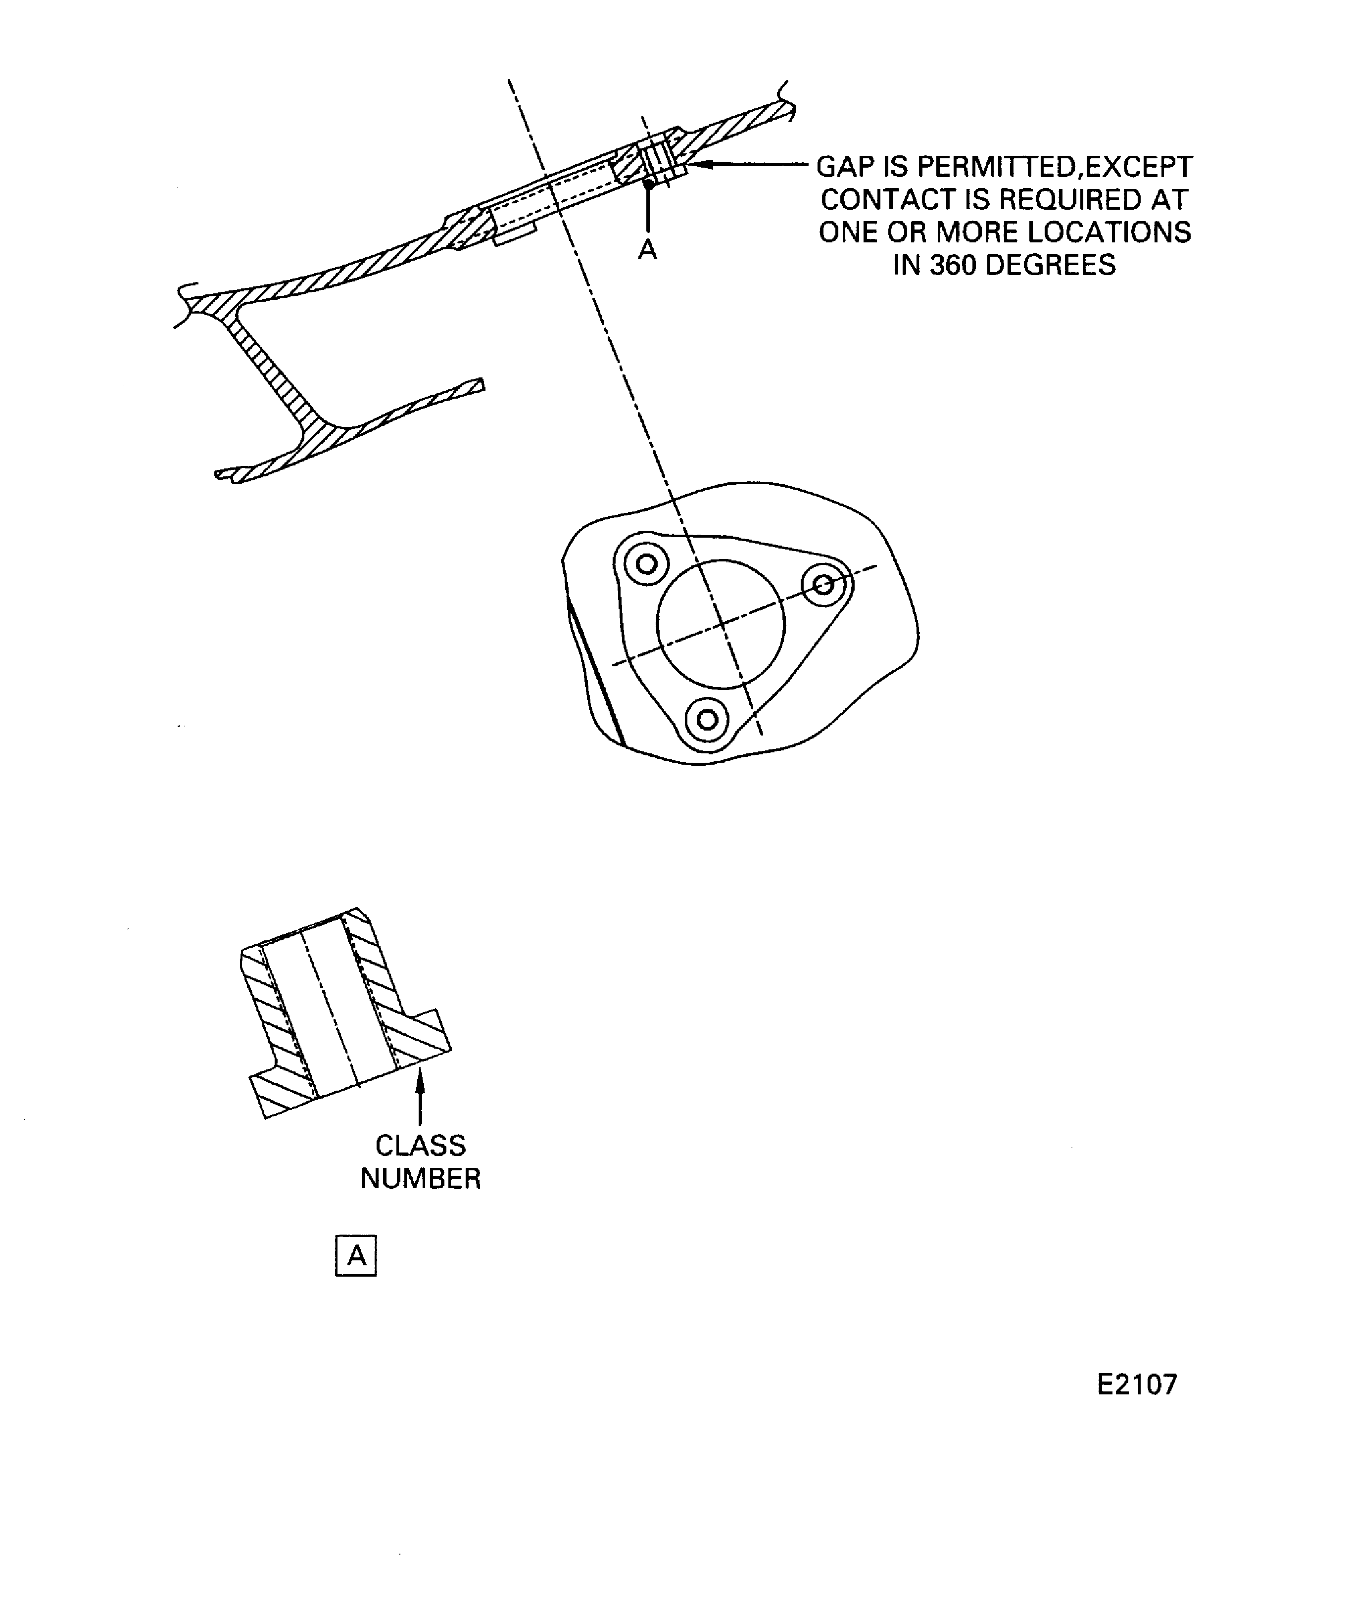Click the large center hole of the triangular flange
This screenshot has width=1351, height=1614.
tap(721, 624)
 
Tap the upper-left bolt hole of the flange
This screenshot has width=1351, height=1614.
tap(647, 564)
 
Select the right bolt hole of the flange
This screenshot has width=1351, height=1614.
tap(823, 585)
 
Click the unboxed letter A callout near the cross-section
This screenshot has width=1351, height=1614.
tap(647, 250)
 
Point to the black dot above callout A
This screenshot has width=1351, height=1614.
tap(648, 184)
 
